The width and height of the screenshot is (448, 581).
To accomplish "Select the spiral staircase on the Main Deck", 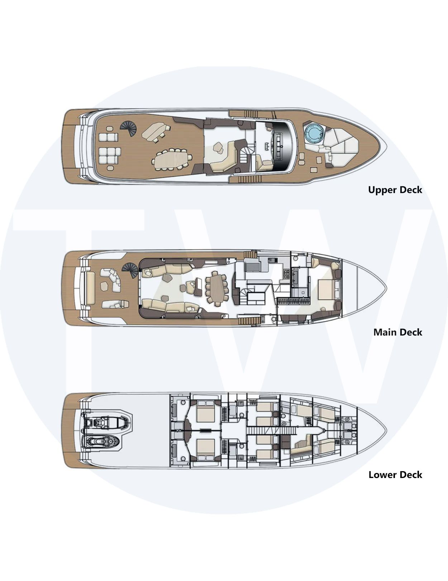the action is point(130,270).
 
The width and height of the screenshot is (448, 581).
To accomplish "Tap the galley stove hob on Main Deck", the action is point(286,273).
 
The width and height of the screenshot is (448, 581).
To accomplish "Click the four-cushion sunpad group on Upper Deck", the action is point(108,137).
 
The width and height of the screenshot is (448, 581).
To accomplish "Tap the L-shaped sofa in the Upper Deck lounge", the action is point(223,157).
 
